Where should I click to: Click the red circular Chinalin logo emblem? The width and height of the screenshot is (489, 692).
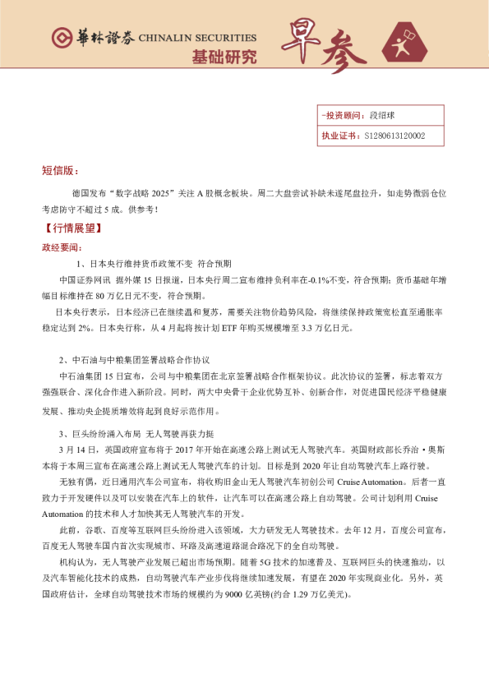[61, 39]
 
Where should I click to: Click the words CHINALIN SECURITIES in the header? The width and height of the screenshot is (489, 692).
[197, 38]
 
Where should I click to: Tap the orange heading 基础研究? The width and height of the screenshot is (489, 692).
[224, 57]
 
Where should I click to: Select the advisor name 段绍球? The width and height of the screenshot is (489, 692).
[383, 117]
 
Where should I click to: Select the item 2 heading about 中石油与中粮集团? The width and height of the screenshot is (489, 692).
[135, 359]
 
